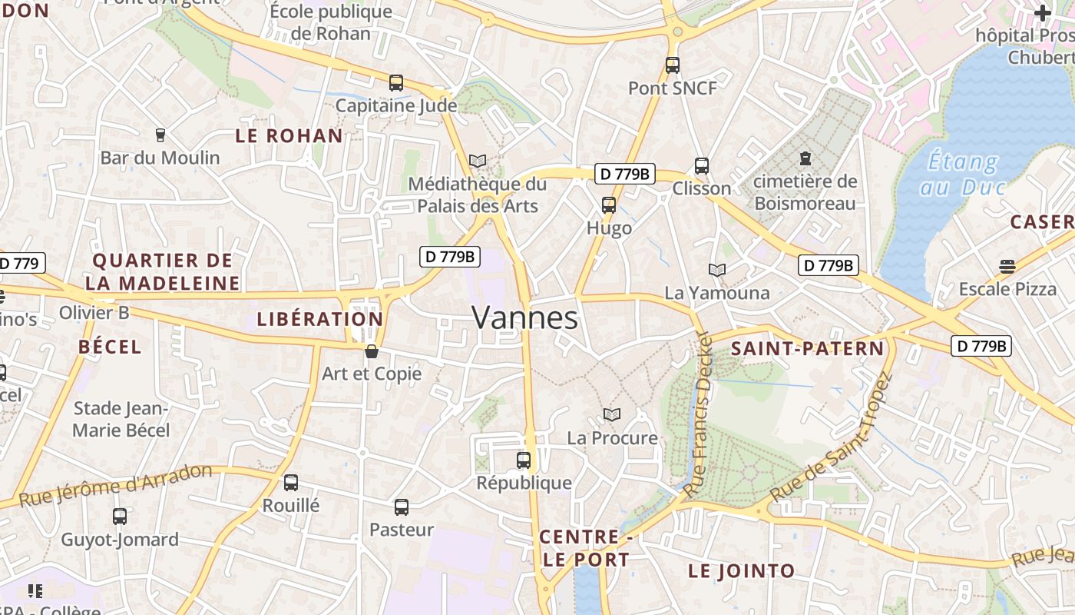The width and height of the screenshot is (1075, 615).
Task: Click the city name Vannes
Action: pos(524,317)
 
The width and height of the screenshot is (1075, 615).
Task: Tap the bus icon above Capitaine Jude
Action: pos(396,83)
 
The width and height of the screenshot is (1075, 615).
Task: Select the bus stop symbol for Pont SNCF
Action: pos(673,65)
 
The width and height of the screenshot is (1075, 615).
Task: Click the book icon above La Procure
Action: pos(612,415)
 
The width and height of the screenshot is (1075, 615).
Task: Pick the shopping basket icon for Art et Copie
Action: pos(372,351)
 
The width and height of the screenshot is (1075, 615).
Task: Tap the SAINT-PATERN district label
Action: pos(807,348)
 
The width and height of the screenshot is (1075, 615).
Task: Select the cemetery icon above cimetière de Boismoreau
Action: pos(805,158)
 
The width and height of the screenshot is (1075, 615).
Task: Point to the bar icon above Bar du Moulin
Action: pos(160,135)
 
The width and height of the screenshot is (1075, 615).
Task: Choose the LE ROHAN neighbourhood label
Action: pos(289,136)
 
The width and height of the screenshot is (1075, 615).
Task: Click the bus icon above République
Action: pos(524,460)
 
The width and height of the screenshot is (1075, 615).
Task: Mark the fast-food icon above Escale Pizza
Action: pos(1007,267)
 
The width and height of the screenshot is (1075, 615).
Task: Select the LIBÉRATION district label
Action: pos(319,319)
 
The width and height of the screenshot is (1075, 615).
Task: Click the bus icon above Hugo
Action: pos(609,205)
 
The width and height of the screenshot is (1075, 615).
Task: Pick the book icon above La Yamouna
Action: pos(717,270)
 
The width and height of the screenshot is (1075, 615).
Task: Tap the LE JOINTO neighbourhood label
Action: pos(741,570)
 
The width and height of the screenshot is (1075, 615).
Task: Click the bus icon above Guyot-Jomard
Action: pos(120,517)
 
